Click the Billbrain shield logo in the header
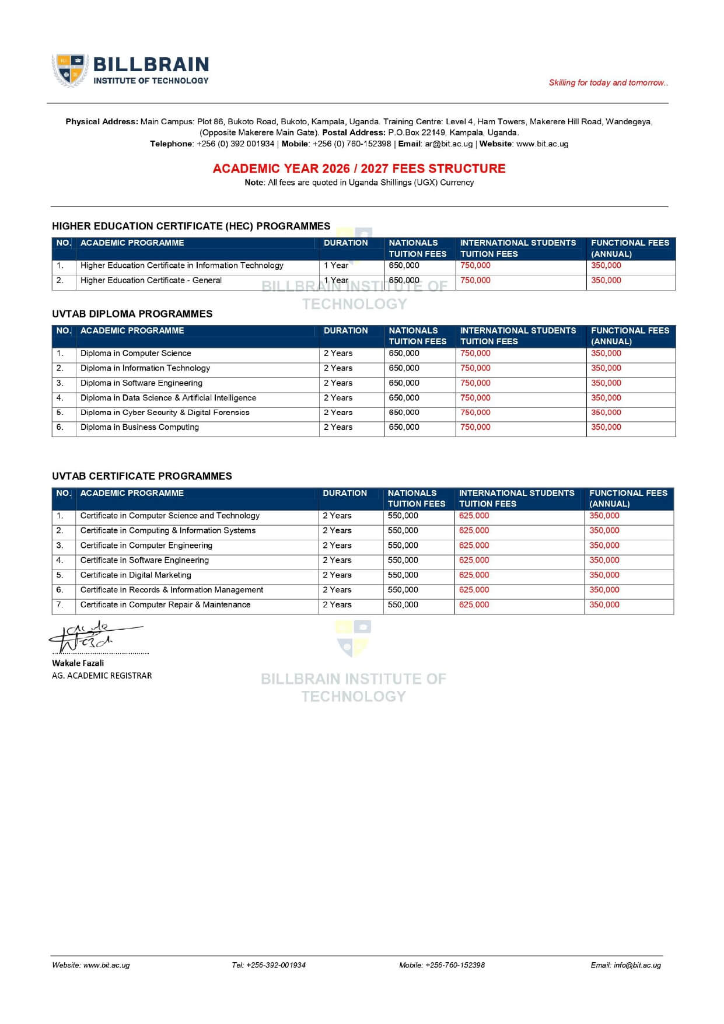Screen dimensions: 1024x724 pyautogui.click(x=71, y=70)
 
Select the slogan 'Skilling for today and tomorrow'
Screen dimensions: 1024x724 pyautogui.click(x=608, y=83)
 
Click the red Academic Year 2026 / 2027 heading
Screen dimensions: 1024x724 pyautogui.click(x=359, y=169)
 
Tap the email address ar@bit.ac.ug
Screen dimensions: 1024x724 pyautogui.click(x=449, y=144)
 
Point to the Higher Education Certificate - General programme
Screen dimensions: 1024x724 pyautogui.click(x=151, y=281)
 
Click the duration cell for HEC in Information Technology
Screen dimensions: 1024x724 pyautogui.click(x=336, y=265)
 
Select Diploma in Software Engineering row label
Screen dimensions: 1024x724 pyautogui.click(x=141, y=383)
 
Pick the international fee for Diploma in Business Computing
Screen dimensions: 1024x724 pyautogui.click(x=475, y=428)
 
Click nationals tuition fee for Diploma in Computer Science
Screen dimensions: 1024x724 pyautogui.click(x=404, y=354)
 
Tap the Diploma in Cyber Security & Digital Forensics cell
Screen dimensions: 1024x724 pyautogui.click(x=165, y=413)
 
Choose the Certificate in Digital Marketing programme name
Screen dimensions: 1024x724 pyautogui.click(x=135, y=575)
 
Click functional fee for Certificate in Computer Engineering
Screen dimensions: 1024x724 pyautogui.click(x=604, y=546)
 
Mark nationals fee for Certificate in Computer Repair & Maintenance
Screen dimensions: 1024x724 pyautogui.click(x=403, y=605)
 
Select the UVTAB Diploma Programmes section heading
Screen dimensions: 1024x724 pyautogui.click(x=132, y=314)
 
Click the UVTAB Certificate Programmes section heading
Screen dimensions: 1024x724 pyautogui.click(x=142, y=476)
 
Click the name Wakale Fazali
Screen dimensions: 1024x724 pyautogui.click(x=78, y=663)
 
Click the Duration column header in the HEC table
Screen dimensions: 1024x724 pyautogui.click(x=346, y=243)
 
